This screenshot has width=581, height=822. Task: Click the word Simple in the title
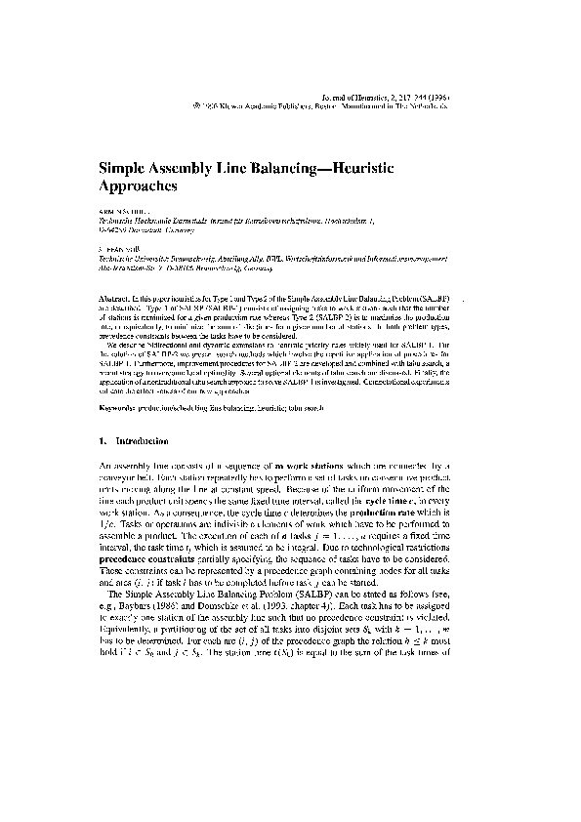tap(122, 168)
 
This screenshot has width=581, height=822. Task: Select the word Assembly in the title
tap(186, 168)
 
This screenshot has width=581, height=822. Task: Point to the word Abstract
tap(115, 294)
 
